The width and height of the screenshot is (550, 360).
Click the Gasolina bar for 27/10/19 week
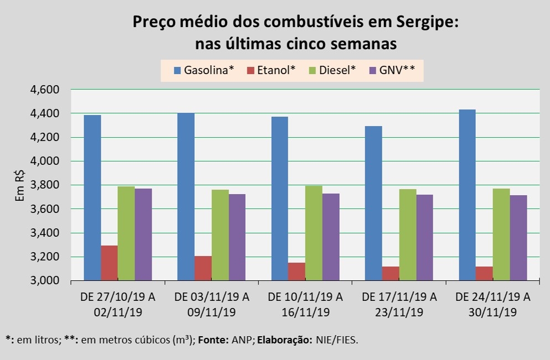[92, 198]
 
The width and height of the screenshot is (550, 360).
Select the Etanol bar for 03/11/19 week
[203, 268]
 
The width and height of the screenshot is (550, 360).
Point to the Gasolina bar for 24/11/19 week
[468, 195]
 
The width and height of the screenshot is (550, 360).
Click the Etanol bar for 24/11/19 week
[485, 274]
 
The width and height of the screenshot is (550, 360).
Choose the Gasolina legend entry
[204, 70]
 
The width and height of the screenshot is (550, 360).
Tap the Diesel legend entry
[335, 70]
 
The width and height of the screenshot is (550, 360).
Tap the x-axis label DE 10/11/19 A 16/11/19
[305, 305]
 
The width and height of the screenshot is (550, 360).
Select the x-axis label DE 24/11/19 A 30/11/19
[493, 305]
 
